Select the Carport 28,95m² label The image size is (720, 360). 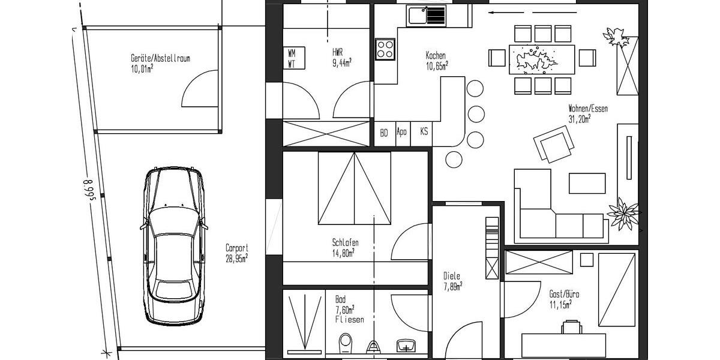pyautogui.click(x=236, y=252)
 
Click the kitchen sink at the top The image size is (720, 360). pyautogui.click(x=426, y=15)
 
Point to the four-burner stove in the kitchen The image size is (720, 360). pyautogui.click(x=385, y=49)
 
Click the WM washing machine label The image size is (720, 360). pyautogui.click(x=292, y=53)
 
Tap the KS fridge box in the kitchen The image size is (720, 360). pyautogui.click(x=424, y=132)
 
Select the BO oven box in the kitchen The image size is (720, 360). pyautogui.click(x=384, y=133)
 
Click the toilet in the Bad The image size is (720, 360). pyautogui.click(x=345, y=344)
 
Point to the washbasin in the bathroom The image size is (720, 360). pyautogui.click(x=406, y=346)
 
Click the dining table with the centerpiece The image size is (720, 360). pyautogui.click(x=542, y=59)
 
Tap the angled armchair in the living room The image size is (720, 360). pyautogui.click(x=554, y=146)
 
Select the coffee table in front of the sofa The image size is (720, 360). pyautogui.click(x=587, y=183)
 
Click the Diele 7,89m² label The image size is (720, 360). pyautogui.click(x=452, y=281)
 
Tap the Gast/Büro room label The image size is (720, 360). pyautogui.click(x=564, y=299)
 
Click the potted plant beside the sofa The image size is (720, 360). pyautogui.click(x=623, y=212)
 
